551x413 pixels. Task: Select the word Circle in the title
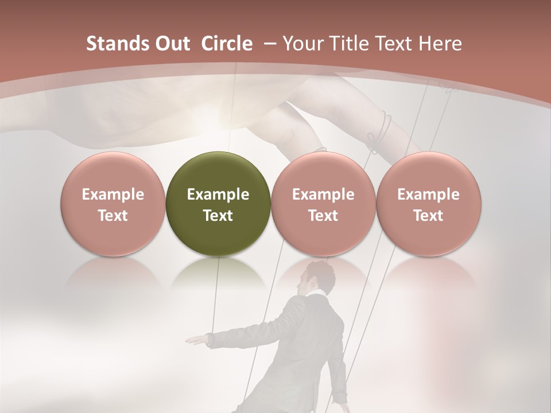pos(227,44)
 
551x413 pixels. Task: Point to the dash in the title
pos(269,44)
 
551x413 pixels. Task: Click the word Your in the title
pos(302,44)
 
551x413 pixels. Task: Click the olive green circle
pos(218,204)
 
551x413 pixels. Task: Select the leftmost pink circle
pos(113,204)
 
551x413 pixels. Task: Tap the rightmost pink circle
pos(429,204)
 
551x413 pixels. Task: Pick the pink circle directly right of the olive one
pos(323,204)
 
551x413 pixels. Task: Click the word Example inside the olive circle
pos(218,194)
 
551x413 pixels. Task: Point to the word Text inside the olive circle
pos(218,216)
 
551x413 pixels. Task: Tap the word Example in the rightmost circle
pos(429,194)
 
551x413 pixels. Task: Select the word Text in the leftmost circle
pos(113,216)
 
